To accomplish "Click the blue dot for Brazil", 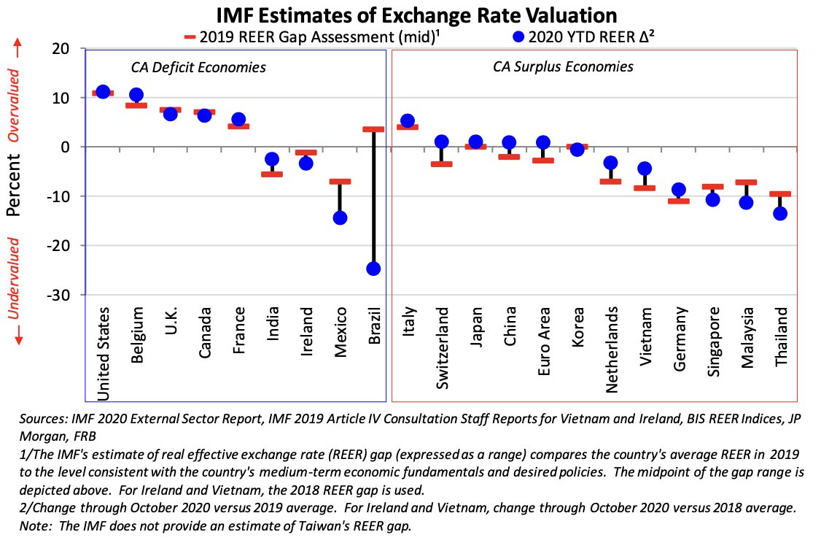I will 373,269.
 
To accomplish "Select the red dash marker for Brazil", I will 373,129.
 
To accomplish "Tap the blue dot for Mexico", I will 340,217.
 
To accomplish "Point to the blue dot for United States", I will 103,92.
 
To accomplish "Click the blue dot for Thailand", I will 780,213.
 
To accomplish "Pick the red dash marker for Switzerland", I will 441,163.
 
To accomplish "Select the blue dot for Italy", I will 408,121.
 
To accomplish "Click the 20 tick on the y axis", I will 61,49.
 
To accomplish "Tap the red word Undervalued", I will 14,277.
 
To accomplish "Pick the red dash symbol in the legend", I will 191,36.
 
